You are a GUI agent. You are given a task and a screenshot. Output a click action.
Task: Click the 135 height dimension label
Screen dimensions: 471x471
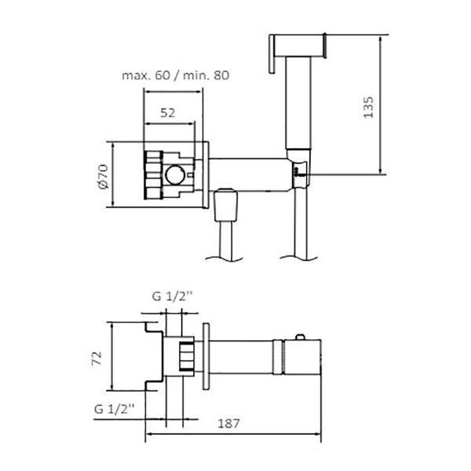[368, 107]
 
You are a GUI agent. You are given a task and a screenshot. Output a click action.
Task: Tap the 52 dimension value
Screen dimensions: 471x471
[168, 113]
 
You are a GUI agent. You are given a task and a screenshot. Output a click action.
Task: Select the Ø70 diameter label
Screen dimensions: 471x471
[103, 177]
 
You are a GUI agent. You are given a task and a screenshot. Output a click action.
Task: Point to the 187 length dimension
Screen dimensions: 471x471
[228, 424]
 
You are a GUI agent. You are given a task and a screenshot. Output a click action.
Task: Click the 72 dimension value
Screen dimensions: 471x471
[97, 358]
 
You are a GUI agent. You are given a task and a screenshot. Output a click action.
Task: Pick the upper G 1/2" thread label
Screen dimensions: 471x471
[172, 297]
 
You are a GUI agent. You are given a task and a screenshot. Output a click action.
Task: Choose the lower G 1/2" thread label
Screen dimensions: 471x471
[114, 409]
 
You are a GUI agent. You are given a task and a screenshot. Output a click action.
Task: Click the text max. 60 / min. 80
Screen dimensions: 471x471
[175, 75]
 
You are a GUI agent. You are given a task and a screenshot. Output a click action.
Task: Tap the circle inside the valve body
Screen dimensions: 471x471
[175, 175]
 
